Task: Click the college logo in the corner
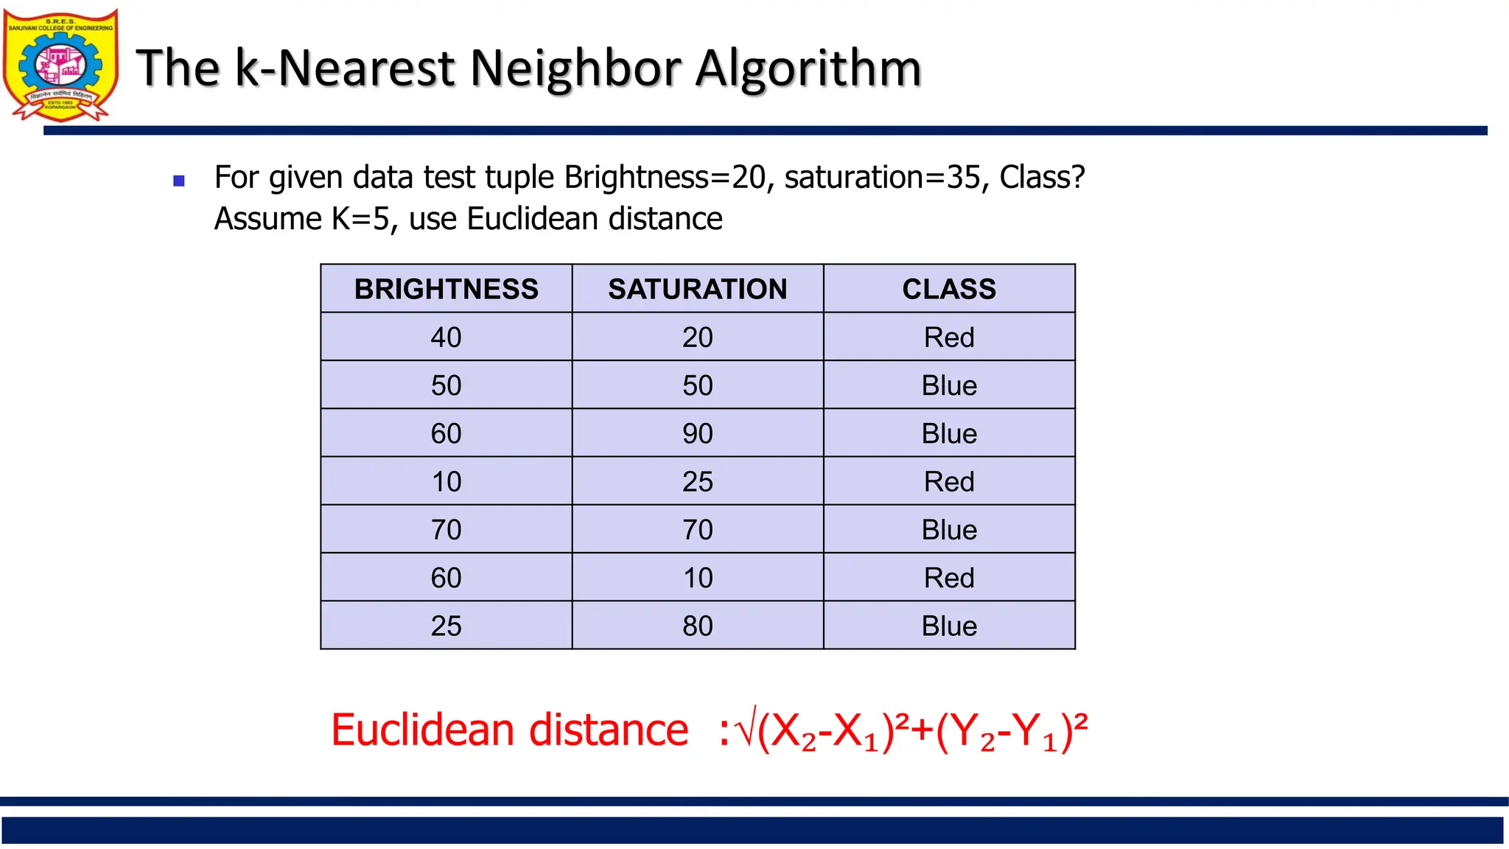coord(60,65)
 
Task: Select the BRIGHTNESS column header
coord(447,289)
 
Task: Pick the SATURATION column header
coord(697,289)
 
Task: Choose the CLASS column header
coord(949,289)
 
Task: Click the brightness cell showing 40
coord(447,338)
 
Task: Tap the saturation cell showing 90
coord(697,433)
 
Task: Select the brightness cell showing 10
coord(447,482)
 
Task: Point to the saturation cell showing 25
coord(697,482)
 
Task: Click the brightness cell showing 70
coord(447,530)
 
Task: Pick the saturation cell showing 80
coord(697,626)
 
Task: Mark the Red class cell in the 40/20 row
coord(949,338)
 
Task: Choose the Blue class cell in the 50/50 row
coord(949,385)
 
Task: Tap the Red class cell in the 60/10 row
coord(949,578)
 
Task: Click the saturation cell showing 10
coord(697,578)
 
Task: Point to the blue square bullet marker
coord(178,181)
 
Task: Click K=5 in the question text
coord(360,219)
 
